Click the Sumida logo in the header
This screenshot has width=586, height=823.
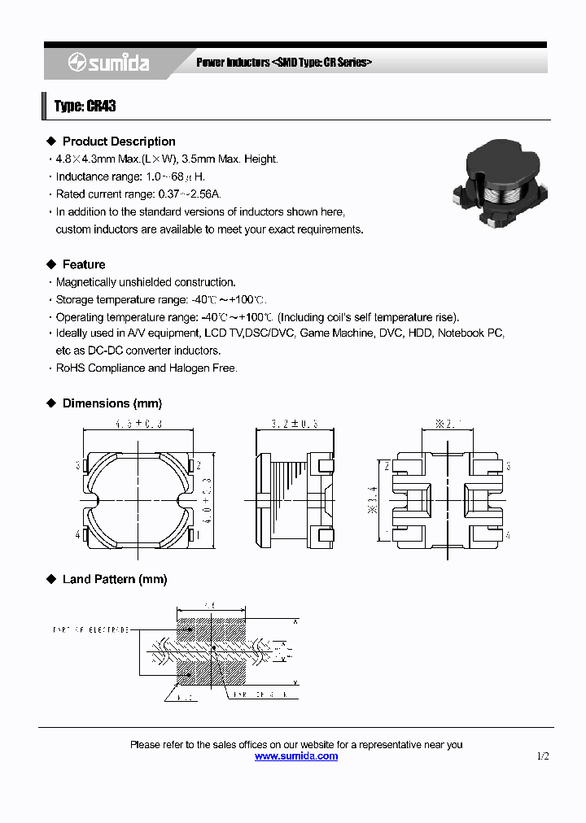pos(107,63)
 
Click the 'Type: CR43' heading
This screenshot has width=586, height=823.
pos(85,107)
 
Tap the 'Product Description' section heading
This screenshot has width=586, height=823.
pos(119,142)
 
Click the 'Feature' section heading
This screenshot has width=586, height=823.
pos(84,264)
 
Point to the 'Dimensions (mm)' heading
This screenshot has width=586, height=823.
pos(112,403)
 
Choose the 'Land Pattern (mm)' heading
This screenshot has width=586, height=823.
pos(114,579)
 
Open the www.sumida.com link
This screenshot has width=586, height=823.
pos(296,756)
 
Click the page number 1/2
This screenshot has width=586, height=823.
pos(543,756)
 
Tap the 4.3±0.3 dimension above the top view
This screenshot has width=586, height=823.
pos(139,424)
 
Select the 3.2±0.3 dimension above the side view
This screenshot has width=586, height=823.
pos(294,424)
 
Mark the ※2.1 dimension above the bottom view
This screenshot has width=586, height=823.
pos(449,424)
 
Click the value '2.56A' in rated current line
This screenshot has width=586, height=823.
pos(204,194)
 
